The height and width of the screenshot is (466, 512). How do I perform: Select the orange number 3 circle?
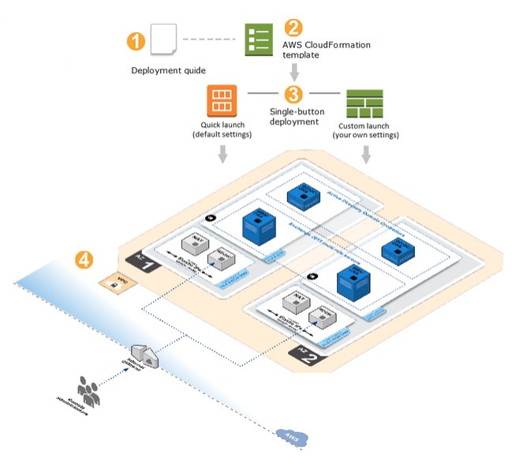[293, 95]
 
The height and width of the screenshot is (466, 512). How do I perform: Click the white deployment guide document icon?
[163, 39]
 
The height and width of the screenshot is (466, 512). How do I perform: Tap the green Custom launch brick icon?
[364, 103]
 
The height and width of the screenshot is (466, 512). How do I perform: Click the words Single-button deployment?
[293, 117]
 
